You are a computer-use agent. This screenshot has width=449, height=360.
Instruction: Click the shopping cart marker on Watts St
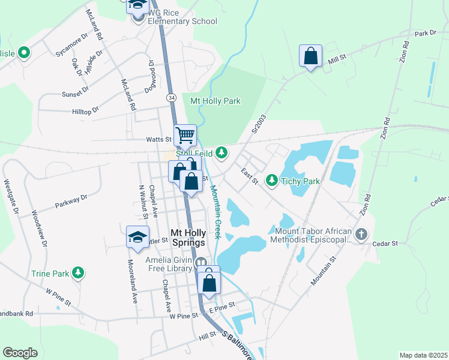(185, 135)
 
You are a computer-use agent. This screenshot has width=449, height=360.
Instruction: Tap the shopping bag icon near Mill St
(310, 56)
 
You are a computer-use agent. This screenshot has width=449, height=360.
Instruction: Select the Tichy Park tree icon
(271, 180)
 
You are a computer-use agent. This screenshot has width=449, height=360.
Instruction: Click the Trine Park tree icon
(77, 273)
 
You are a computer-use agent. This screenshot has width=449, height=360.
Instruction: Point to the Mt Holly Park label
(215, 101)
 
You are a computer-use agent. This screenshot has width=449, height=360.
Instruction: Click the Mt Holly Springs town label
(188, 237)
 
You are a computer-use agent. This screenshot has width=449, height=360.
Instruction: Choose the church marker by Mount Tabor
(361, 234)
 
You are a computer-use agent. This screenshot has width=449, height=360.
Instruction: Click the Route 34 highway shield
(172, 97)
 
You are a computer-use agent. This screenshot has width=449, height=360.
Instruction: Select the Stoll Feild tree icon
(221, 152)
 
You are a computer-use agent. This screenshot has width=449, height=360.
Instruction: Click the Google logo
(20, 353)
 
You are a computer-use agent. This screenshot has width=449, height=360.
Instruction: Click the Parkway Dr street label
(71, 200)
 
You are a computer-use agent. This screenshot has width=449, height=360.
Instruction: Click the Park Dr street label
(424, 33)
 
